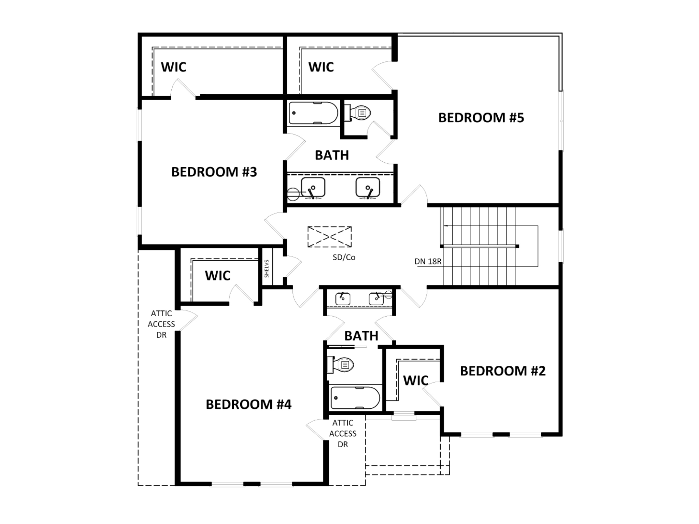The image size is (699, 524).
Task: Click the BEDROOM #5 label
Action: (x=481, y=118)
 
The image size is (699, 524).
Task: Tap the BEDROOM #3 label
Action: (x=214, y=172)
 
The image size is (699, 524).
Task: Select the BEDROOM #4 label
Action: (x=248, y=405)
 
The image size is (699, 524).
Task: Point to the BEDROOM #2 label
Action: (x=503, y=371)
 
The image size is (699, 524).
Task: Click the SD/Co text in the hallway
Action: (x=344, y=258)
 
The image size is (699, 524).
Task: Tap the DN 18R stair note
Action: (x=428, y=262)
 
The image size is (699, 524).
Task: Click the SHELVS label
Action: (x=267, y=268)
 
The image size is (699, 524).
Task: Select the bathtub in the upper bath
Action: (x=313, y=113)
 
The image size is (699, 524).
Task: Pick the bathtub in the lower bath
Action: (x=355, y=398)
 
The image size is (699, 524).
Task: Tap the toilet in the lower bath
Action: (x=341, y=365)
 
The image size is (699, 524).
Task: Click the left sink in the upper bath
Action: (x=313, y=187)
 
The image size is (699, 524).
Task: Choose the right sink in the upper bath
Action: (x=368, y=187)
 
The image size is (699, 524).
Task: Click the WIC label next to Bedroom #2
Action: (x=416, y=381)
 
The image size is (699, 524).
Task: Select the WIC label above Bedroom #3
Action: (x=174, y=67)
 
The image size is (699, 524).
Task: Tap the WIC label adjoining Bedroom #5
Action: (x=321, y=67)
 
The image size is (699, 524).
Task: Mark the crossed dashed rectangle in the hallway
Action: (x=330, y=237)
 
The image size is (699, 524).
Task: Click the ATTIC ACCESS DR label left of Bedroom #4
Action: (x=161, y=324)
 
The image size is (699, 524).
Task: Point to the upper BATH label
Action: (x=332, y=156)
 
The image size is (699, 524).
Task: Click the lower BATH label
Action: (x=361, y=336)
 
